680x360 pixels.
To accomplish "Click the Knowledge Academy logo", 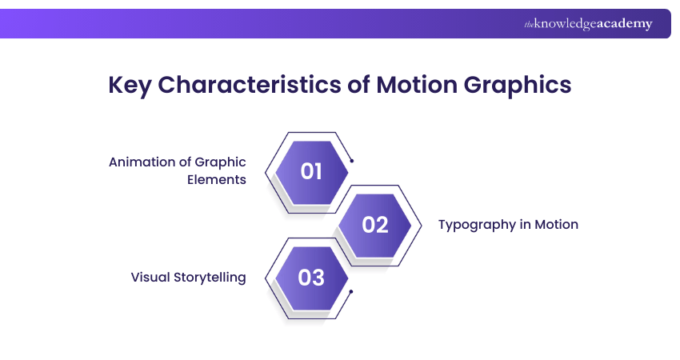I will pyautogui.click(x=588, y=24).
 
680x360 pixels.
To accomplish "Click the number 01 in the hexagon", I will pyautogui.click(x=311, y=171).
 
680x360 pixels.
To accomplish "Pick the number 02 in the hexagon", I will pyautogui.click(x=374, y=225).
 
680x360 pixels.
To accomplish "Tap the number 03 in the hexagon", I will pyautogui.click(x=311, y=278).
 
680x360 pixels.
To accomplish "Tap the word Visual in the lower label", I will pyautogui.click(x=150, y=278).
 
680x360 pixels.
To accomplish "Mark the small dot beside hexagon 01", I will pyautogui.click(x=352, y=161).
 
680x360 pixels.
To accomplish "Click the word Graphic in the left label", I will pyautogui.click(x=220, y=162).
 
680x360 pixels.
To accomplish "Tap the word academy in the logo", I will pyautogui.click(x=628, y=24).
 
